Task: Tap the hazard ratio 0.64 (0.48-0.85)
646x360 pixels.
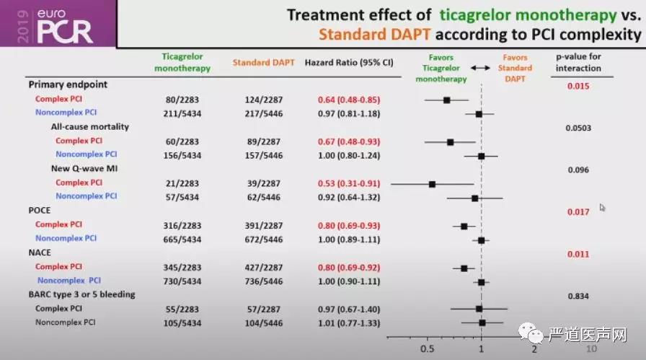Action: [x=349, y=100]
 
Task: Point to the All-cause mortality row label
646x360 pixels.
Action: [x=90, y=127]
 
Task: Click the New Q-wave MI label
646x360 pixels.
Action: [x=84, y=168]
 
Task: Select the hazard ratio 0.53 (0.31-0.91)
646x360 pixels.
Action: [x=349, y=183]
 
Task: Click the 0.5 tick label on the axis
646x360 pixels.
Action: [x=427, y=347]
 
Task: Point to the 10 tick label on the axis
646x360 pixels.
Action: [x=591, y=348]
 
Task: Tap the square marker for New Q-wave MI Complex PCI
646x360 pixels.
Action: [x=432, y=184]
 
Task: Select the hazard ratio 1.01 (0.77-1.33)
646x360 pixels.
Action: [x=349, y=322]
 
